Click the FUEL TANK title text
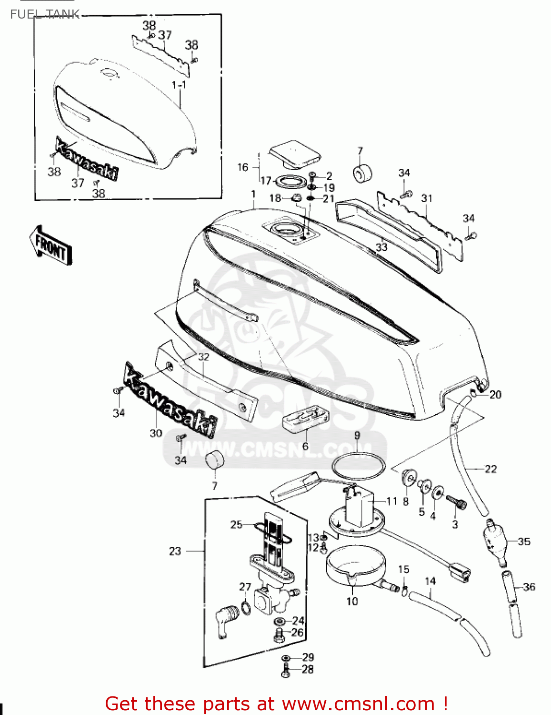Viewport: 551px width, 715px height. tap(44, 14)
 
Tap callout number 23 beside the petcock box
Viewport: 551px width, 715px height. tap(175, 551)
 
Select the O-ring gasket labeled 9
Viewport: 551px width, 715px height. tap(358, 465)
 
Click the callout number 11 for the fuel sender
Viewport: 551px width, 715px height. tap(391, 501)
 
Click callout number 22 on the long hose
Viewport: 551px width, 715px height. tap(490, 469)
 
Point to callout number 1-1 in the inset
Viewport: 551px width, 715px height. tap(179, 85)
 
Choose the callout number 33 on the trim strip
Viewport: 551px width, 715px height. tap(381, 247)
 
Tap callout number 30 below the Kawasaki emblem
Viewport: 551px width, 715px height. tap(156, 433)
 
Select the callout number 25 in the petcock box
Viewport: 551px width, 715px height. tap(236, 524)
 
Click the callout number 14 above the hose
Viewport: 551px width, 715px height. tap(430, 581)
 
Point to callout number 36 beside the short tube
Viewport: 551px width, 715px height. tap(529, 587)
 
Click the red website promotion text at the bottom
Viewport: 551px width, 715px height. tap(276, 704)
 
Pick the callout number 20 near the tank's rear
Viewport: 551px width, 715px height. tap(495, 394)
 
